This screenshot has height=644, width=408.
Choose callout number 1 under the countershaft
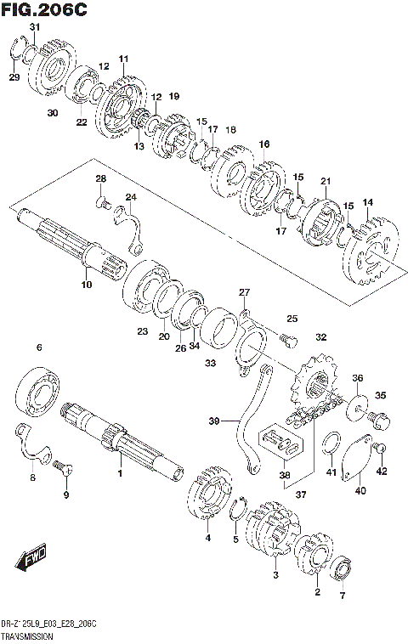coord(120,473)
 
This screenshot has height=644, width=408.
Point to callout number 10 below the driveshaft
coord(86,285)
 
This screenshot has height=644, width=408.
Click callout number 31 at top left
coord(35,28)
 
